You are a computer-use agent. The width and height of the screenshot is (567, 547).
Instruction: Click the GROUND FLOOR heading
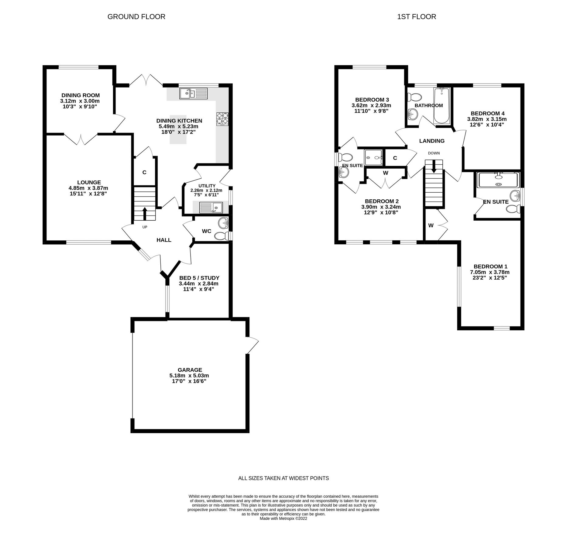(136, 17)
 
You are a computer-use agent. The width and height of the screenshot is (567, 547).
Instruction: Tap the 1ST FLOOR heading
(416, 17)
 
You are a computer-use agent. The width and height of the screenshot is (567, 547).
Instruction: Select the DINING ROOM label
(80, 95)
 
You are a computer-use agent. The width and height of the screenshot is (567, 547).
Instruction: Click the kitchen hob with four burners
(222, 119)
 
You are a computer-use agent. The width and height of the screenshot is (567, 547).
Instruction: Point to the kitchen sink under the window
(193, 93)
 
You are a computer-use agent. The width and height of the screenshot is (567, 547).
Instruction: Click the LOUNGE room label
(89, 182)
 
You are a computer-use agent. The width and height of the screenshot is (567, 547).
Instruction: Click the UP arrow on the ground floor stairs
(145, 214)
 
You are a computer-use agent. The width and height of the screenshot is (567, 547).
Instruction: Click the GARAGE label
(190, 370)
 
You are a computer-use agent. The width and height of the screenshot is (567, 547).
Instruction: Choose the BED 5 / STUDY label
(199, 278)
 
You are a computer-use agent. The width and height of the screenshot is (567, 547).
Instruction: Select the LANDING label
(431, 141)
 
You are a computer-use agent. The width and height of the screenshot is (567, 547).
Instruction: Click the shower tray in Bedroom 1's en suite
(498, 180)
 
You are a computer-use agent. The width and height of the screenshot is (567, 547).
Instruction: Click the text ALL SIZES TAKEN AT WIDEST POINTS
(283, 478)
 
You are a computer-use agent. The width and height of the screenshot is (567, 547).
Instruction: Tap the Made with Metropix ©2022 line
(283, 519)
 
